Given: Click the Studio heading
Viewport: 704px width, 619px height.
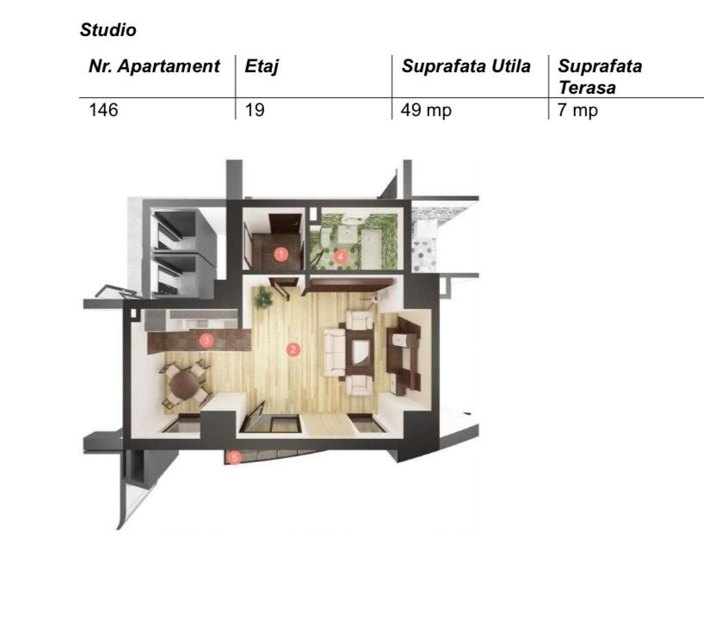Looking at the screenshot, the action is click(108, 30).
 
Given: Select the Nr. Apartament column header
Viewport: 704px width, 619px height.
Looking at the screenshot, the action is click(154, 66).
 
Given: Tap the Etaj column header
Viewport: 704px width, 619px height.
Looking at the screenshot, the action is click(262, 67).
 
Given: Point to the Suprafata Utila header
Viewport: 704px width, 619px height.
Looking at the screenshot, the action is click(466, 66).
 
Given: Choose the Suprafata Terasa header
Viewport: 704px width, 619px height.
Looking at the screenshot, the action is click(600, 77).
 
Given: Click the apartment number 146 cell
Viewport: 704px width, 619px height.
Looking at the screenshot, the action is click(103, 110).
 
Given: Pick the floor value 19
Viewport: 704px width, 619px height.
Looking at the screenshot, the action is click(255, 110).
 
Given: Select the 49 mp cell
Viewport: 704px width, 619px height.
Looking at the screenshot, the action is click(426, 110).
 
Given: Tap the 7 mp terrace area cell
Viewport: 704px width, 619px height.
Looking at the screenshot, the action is click(577, 110).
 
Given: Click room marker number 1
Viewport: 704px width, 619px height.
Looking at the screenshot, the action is click(281, 254).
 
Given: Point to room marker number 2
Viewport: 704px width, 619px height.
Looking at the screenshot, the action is click(293, 349).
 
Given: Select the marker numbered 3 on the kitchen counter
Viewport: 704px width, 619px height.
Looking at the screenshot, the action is click(206, 340).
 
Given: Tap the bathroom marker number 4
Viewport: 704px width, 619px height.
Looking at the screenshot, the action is click(341, 257).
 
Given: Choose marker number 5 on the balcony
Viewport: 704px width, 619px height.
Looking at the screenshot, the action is click(234, 458).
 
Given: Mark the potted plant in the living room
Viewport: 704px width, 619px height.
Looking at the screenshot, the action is click(263, 297).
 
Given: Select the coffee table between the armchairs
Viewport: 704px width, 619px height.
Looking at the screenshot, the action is click(361, 352).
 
